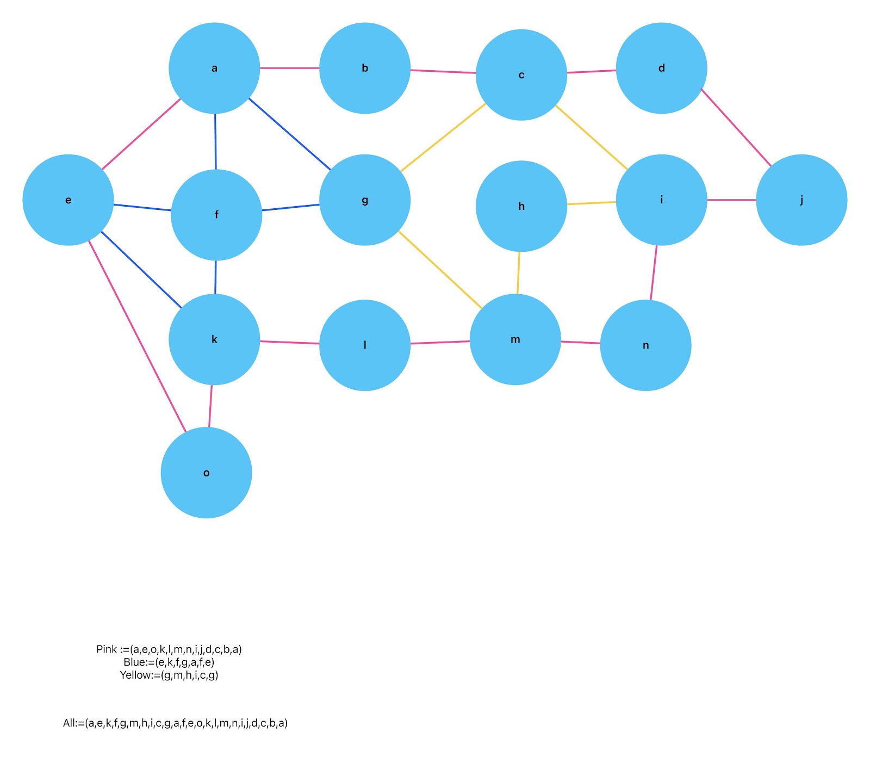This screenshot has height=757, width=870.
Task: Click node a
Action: (214, 68)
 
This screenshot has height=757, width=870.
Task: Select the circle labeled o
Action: (206, 473)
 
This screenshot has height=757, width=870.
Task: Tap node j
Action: (801, 200)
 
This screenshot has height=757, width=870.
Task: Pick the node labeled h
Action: (521, 206)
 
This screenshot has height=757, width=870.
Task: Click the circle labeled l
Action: (364, 345)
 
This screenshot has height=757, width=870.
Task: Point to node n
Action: (645, 345)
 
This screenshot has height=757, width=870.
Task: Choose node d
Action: (661, 68)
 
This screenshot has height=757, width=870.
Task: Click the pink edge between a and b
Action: (289, 68)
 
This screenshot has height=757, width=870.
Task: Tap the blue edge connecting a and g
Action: (289, 134)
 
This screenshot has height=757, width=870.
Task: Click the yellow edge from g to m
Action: (440, 270)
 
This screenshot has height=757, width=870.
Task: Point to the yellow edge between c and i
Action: (591, 137)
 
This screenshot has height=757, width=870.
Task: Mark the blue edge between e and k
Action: (141, 269)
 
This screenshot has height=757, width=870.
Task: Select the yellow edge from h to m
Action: (518, 272)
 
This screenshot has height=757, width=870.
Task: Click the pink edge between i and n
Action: (654, 272)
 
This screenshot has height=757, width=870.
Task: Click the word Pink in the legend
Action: (107, 649)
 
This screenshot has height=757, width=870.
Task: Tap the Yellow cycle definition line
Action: (169, 675)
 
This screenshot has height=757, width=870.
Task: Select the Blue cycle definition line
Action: (169, 662)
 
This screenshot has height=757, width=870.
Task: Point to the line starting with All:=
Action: (175, 723)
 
